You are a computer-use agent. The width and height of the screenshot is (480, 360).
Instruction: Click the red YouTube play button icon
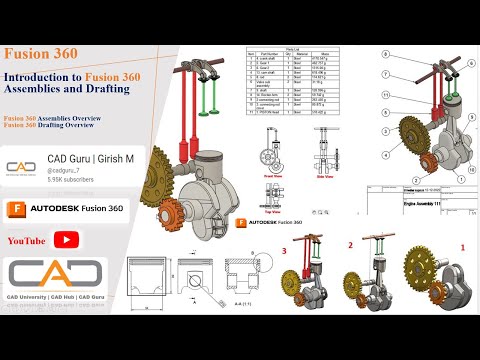coord(67,239)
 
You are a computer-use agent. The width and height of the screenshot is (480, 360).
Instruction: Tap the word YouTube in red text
coord(27,240)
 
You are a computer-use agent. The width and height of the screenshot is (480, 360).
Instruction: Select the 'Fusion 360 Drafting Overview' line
coord(55,125)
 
